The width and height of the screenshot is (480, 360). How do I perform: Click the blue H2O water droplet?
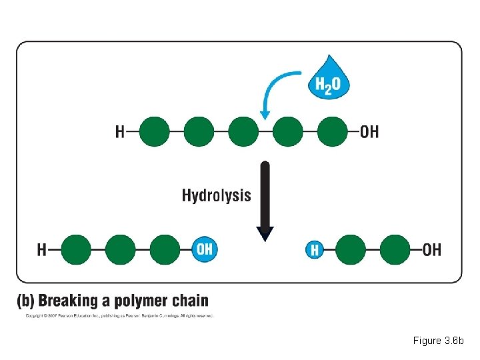coord(328,81)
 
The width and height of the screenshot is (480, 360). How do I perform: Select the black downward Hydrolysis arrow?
coord(265,199)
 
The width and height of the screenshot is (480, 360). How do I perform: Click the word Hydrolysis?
coord(217,195)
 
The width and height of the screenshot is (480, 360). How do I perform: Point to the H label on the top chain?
coord(121,132)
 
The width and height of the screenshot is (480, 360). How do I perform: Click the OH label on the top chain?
coord(369,132)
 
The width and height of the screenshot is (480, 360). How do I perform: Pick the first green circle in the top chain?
coord(154,131)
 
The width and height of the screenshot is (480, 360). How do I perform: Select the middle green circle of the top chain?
coord(243,131)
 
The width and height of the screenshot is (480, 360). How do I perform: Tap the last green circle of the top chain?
coord(333,131)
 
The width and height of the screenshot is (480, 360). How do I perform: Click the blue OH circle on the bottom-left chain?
coord(204,249)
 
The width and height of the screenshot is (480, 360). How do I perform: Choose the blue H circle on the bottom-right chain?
coord(315,250)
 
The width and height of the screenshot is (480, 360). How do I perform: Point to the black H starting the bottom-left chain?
coord(42,250)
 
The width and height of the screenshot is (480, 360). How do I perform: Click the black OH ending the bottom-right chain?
coord(432,250)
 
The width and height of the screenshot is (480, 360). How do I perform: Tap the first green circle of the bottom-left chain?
coord(75,250)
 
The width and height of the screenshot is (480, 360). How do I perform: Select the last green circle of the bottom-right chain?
coord(395,250)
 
